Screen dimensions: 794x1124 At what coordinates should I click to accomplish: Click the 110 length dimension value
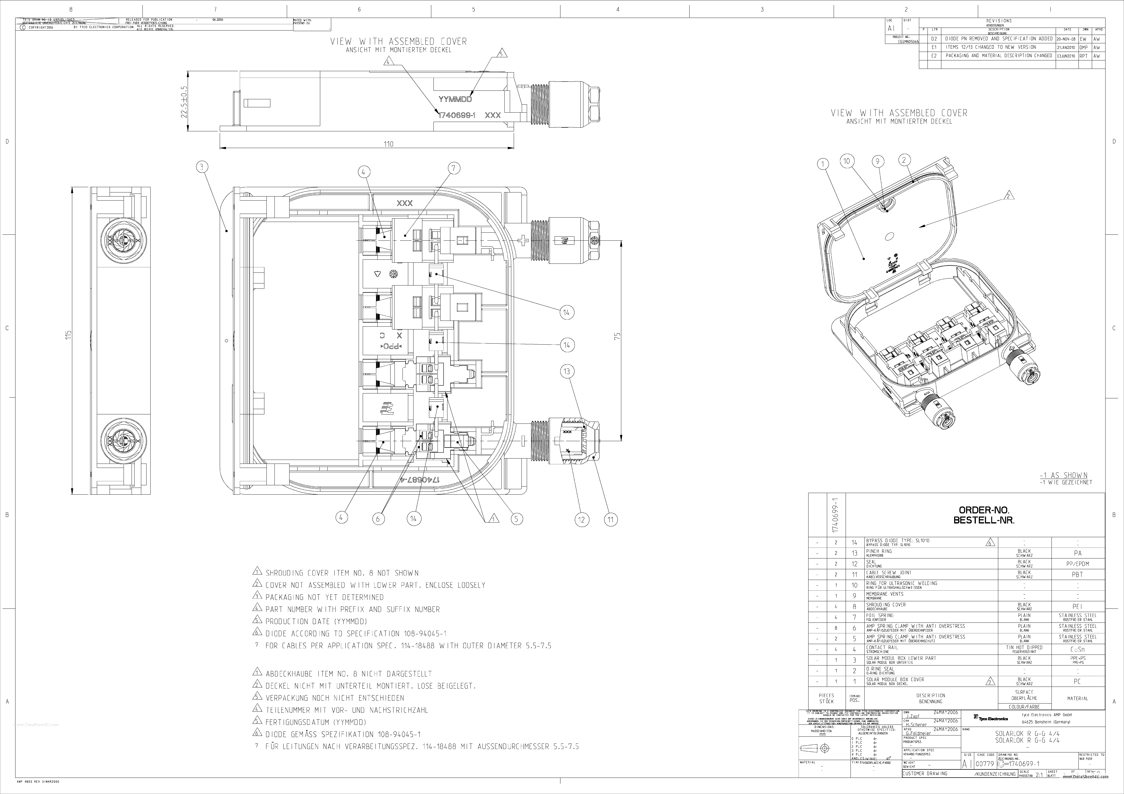(x=388, y=144)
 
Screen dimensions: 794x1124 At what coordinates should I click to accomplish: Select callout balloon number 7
(x=453, y=168)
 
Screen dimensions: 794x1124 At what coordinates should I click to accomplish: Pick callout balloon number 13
(x=567, y=372)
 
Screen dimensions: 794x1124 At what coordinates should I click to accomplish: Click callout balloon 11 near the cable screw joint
(x=610, y=519)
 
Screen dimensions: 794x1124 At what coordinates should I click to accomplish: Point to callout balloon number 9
(x=877, y=161)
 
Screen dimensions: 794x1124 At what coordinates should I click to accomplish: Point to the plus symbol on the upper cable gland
(x=523, y=240)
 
